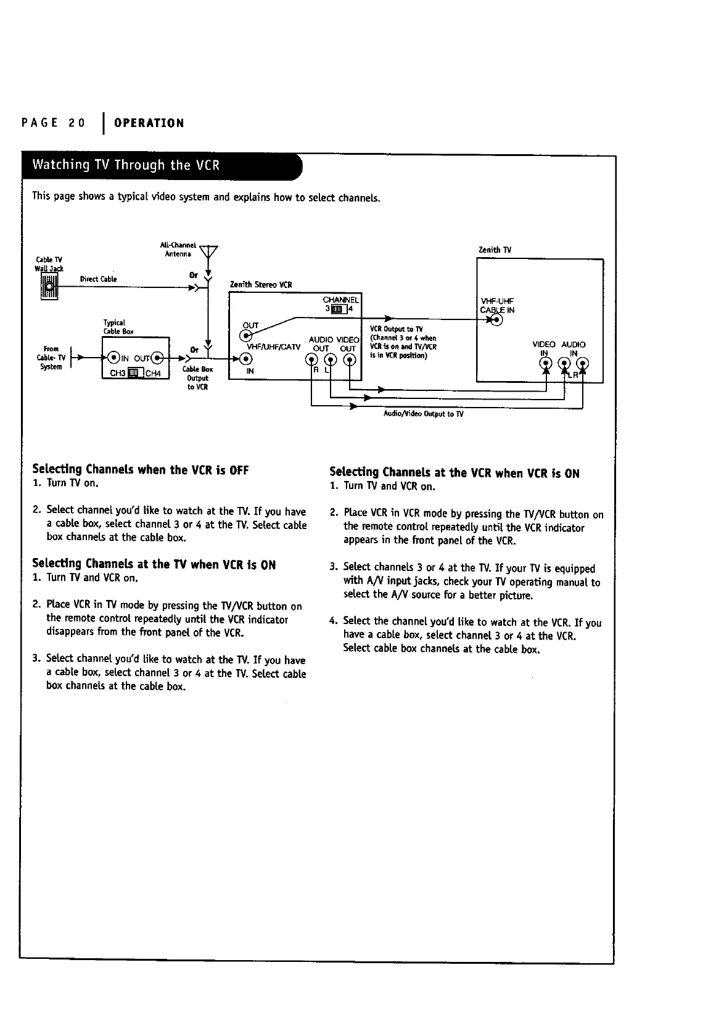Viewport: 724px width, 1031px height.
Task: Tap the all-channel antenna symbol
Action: pyautogui.click(x=210, y=253)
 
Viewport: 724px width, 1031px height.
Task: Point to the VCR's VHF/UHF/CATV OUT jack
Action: pyautogui.click(x=247, y=335)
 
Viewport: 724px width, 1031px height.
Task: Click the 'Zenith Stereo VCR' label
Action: pyautogui.click(x=260, y=285)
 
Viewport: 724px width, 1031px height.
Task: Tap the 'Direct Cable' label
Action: pyautogui.click(x=98, y=279)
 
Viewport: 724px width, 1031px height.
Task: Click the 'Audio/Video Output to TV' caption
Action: pyautogui.click(x=423, y=414)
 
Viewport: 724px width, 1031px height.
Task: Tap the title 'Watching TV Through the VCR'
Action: pyautogui.click(x=126, y=165)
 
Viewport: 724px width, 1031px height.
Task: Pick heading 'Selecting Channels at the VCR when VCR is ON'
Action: pyautogui.click(x=455, y=473)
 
